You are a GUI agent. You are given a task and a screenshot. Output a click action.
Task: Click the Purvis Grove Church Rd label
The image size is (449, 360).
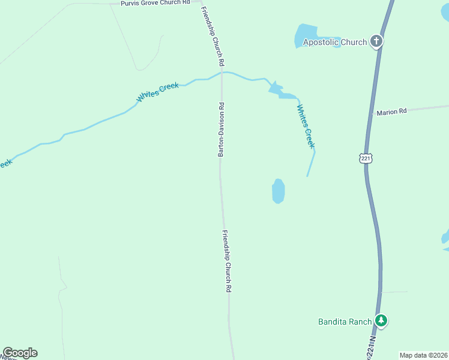click(x=155, y=3)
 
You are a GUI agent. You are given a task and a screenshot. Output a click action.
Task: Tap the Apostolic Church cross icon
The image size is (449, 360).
click(x=376, y=41)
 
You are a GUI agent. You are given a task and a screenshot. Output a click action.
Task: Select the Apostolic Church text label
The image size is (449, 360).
click(x=334, y=42)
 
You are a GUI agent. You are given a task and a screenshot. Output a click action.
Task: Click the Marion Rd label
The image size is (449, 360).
click(x=391, y=112)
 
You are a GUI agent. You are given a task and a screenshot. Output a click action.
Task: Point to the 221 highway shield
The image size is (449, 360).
click(x=366, y=158)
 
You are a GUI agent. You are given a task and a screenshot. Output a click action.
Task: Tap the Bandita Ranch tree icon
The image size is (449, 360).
click(x=381, y=321)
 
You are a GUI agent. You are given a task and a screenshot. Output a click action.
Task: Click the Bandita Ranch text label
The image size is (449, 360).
click(x=345, y=322)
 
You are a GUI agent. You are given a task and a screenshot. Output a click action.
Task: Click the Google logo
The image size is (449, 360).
click(x=20, y=353)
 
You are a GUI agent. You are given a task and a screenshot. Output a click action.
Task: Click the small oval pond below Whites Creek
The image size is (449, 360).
click(x=278, y=191)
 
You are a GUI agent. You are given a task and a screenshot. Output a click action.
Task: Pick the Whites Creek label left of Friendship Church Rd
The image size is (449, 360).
click(x=158, y=92)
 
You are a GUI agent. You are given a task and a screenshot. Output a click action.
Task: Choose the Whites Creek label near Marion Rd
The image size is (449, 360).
click(x=306, y=126)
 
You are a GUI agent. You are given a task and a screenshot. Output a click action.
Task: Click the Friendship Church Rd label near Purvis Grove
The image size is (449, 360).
click(x=213, y=36)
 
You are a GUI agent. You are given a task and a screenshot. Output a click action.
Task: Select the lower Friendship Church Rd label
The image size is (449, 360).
click(x=227, y=262)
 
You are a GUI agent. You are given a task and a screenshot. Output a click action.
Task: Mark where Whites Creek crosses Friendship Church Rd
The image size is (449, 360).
click(x=221, y=73)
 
